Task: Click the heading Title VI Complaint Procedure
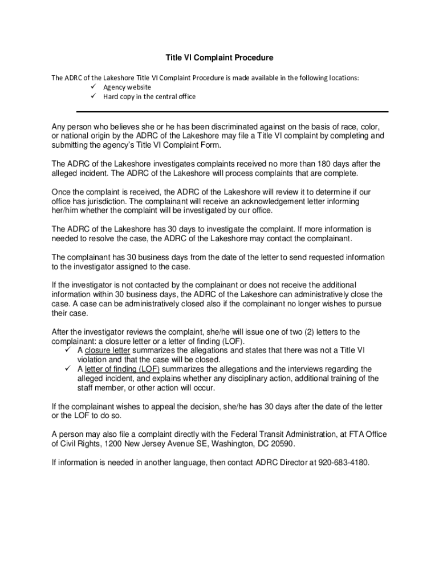tap(219, 58)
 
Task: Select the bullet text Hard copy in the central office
tap(149, 96)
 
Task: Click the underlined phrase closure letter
tap(107, 350)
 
